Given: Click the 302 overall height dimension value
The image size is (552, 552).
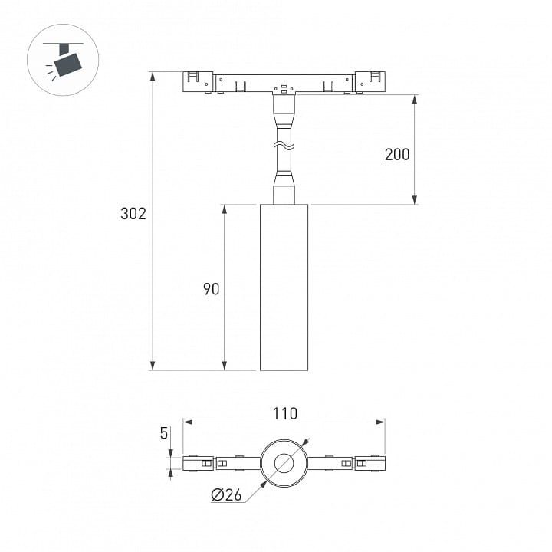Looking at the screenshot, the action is (133, 214).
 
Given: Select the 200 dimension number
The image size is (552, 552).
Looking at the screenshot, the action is (397, 155).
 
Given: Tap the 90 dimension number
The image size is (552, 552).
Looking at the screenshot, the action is (212, 289).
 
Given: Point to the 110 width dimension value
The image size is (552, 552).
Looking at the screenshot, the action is (284, 414).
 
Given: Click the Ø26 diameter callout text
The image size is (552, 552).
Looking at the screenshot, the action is (226, 495).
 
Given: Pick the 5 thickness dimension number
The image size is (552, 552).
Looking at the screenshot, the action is (164, 433).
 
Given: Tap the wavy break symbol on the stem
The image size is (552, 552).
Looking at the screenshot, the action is (284, 145).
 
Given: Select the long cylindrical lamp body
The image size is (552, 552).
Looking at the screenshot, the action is (284, 287).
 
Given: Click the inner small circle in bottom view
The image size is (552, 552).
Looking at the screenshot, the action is (284, 463).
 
